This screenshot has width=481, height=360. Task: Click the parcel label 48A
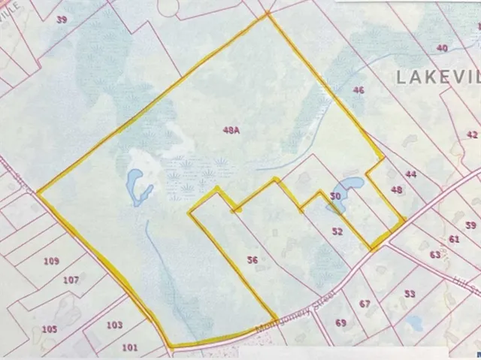[x=231, y=130]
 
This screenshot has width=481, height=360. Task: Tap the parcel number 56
[x=253, y=260]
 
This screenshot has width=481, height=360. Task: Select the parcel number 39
[x=62, y=19]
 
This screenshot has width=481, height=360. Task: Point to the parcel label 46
[x=358, y=90]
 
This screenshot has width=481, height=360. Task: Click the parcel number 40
[x=442, y=48]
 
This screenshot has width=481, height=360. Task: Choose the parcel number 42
[x=471, y=135]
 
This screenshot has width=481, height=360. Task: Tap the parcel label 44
[x=410, y=174]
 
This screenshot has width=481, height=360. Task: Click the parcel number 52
[x=337, y=231]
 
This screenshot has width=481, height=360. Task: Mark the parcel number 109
[x=51, y=261]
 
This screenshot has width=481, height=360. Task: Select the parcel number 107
[x=71, y=280]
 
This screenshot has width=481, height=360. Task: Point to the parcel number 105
[x=49, y=328]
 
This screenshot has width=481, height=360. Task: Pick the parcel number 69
[x=340, y=322]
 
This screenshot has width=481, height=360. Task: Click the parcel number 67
[x=365, y=304]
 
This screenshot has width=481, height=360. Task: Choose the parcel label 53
[x=410, y=293]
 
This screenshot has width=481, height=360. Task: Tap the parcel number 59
[x=470, y=225]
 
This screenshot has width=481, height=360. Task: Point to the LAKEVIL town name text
[x=436, y=77]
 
